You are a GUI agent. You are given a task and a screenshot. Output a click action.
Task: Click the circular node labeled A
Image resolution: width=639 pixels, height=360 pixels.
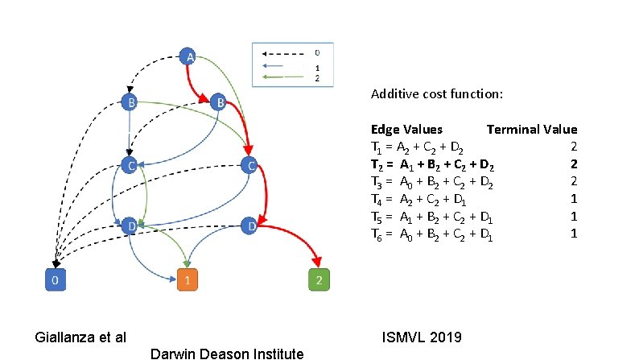pos(188,57)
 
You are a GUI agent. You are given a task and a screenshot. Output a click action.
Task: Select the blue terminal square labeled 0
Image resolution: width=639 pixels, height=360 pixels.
pos(54,281)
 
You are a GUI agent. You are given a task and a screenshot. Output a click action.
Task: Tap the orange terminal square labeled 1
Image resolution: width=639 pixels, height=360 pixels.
pos(187,281)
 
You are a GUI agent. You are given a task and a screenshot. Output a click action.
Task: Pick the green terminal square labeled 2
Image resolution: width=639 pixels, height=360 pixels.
pos(319,281)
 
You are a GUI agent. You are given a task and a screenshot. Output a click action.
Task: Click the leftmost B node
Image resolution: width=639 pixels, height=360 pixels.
pos(129,102)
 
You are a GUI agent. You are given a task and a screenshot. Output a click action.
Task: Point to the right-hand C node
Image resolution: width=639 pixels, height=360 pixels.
pos(251,166)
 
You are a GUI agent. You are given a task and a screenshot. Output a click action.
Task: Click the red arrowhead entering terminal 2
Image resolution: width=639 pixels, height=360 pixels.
pos(318,263)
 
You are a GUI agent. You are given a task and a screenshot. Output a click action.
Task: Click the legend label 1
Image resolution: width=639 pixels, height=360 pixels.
pos(317,68)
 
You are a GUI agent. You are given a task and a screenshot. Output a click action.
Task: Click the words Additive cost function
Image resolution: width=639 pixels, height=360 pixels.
pos(437,94)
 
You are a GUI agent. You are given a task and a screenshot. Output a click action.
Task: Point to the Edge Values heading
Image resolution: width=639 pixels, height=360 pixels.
pos(406,129)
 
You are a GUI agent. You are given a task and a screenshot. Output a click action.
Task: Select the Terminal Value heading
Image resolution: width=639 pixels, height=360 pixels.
pos(531,129)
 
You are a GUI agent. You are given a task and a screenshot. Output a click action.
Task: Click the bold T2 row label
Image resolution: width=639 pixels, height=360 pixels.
pos(377,164)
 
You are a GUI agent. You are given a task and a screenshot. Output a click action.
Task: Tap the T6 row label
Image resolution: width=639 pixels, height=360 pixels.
pos(377,234)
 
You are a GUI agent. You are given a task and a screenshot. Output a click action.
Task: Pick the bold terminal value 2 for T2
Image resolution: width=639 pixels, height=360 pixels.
pos(573,164)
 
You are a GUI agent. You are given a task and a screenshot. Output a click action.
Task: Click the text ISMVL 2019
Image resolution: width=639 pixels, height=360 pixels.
pos(421,336)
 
